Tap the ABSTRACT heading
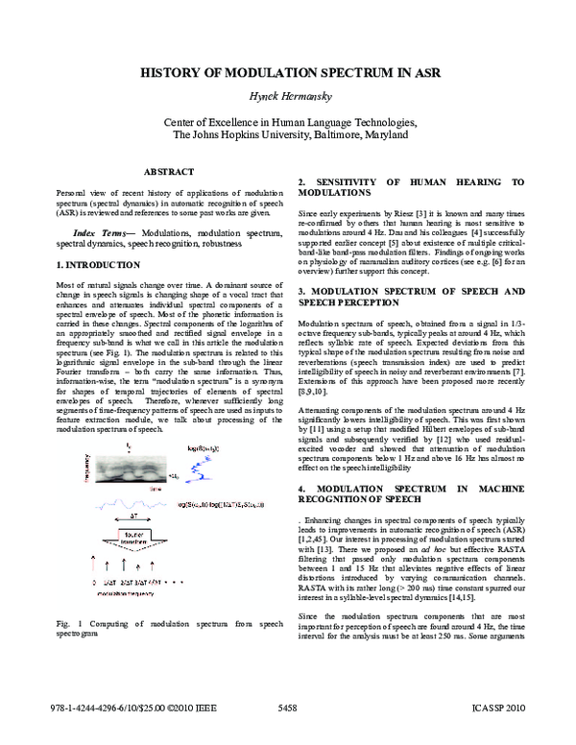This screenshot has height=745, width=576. pos(169,172)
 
